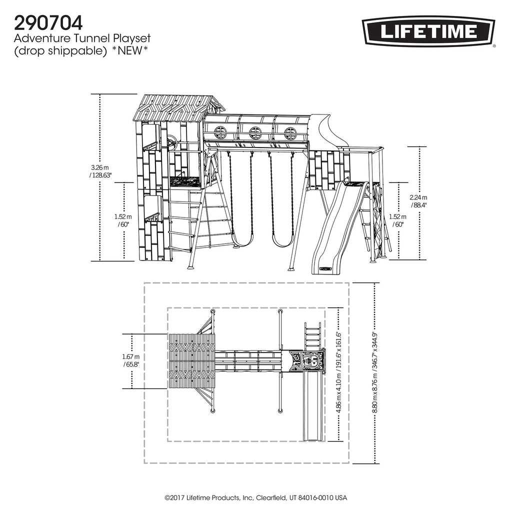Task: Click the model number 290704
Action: (48, 23)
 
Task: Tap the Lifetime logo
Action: (428, 31)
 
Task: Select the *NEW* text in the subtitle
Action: (130, 50)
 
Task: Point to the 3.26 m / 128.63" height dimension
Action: (101, 171)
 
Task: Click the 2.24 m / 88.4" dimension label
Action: (418, 201)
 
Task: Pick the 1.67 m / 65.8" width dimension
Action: (131, 360)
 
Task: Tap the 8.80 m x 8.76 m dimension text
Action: (375, 372)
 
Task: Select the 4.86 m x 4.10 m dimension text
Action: (339, 372)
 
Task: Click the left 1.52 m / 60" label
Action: (123, 220)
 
